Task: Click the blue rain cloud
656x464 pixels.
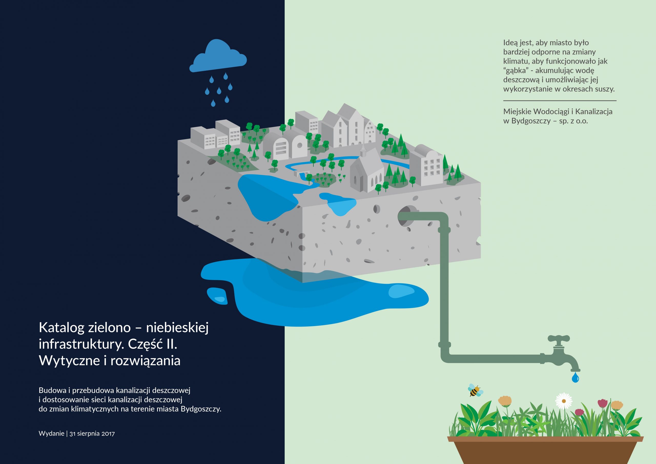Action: pyautogui.click(x=218, y=57)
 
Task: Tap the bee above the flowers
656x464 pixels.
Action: pyautogui.click(x=475, y=390)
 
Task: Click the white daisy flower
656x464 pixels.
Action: pyautogui.click(x=564, y=401)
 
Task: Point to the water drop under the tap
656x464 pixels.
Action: pyautogui.click(x=575, y=377)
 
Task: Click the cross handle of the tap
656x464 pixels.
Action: pyautogui.click(x=559, y=339)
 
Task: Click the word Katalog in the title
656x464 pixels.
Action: pyautogui.click(x=61, y=328)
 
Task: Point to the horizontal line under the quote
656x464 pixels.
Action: pyautogui.click(x=560, y=101)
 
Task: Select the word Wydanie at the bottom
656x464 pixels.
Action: pyautogui.click(x=52, y=433)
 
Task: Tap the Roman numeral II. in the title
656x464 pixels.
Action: pyautogui.click(x=171, y=344)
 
